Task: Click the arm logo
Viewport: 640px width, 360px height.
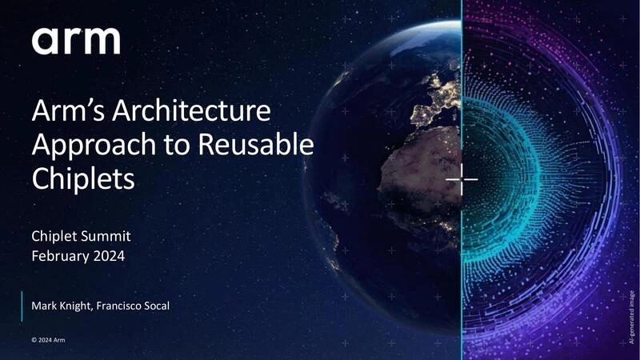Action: coord(76,40)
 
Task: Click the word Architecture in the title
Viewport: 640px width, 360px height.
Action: coord(178,113)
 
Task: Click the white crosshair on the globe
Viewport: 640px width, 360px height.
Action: coord(462,178)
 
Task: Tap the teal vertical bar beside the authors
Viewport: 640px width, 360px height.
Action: coord(22,306)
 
